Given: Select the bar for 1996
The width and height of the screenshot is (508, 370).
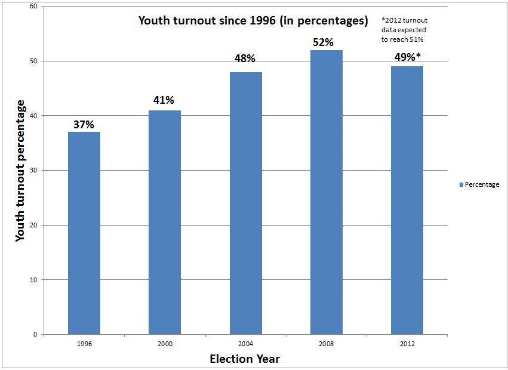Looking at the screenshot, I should [x=84, y=233].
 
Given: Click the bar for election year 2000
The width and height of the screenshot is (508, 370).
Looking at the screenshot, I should [x=165, y=222].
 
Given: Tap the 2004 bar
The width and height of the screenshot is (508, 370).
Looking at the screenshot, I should [x=245, y=203].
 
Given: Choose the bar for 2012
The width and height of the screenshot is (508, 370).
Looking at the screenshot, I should [x=407, y=200].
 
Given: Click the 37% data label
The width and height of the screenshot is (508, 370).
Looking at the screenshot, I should [x=84, y=124].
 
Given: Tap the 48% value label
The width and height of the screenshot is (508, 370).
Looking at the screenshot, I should [x=245, y=58].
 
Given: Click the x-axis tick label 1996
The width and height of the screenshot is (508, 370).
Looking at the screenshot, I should [x=84, y=344].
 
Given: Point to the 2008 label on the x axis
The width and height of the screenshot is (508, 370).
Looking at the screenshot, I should [x=327, y=344].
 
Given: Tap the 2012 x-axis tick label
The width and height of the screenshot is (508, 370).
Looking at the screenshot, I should [x=407, y=344].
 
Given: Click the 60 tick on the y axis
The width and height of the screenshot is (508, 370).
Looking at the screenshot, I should [x=33, y=7].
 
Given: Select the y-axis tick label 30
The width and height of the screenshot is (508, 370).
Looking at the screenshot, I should [x=33, y=171].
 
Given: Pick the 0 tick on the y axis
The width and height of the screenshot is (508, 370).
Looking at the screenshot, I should [x=35, y=335].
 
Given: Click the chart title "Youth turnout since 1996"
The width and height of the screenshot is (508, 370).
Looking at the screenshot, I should [x=253, y=21].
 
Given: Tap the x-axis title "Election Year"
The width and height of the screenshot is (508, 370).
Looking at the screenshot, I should [x=245, y=359].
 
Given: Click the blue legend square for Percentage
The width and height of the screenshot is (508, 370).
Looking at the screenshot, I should [x=461, y=185].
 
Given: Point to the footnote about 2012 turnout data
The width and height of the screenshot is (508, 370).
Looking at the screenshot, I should [x=404, y=29].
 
